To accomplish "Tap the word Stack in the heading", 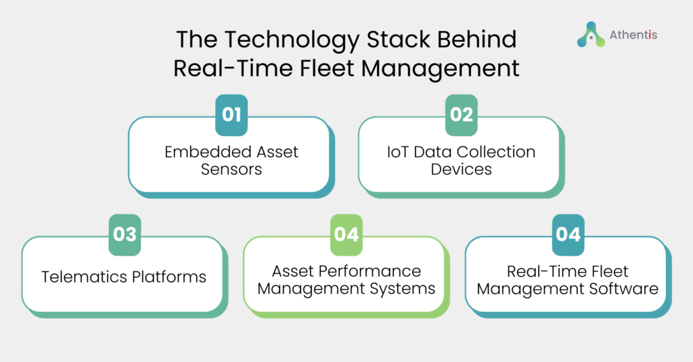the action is point(398,39).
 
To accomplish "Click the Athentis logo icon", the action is point(591,35).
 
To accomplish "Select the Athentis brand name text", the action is point(633,35).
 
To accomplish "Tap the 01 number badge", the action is point(231,115).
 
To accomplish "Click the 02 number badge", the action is point(462,115).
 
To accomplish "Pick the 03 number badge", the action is point(125,235).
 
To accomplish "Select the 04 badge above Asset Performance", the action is point(346,235).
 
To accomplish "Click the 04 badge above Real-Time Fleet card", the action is point(568,235).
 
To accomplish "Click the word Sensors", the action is point(231,169).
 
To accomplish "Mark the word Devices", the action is point(461,169).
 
